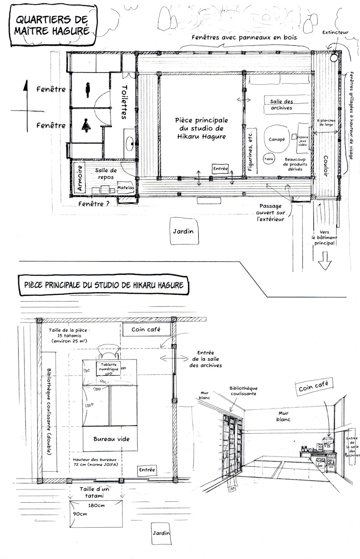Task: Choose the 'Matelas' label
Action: click(x=125, y=188)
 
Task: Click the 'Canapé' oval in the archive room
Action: click(x=276, y=139)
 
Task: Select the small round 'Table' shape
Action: click(x=269, y=158)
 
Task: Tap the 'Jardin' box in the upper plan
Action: click(x=183, y=231)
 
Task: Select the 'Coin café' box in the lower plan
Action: click(x=146, y=329)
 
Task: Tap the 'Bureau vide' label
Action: click(x=111, y=439)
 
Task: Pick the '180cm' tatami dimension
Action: click(x=97, y=506)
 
